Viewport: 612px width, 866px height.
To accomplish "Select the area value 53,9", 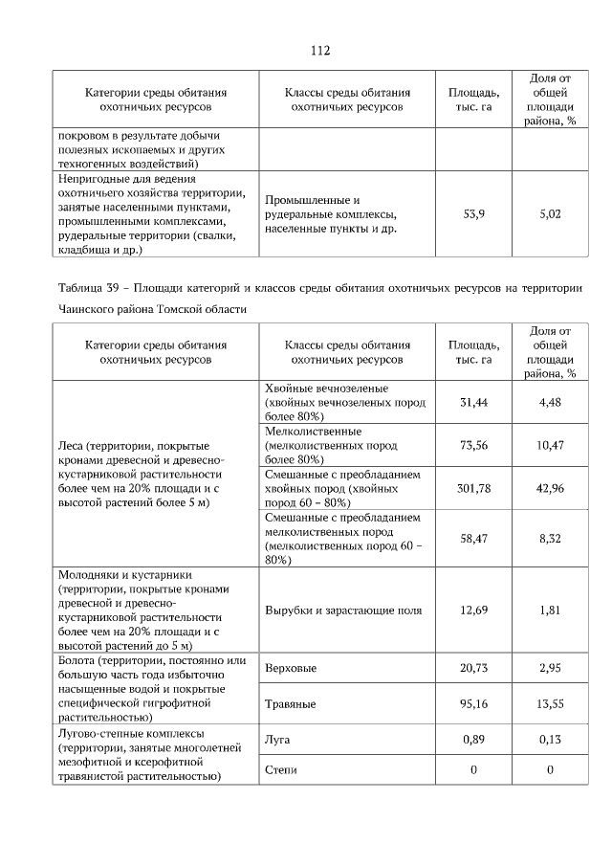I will tap(473, 214).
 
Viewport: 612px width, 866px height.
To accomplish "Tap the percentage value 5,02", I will tap(549, 214).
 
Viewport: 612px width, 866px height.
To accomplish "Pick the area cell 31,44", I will tap(473, 403).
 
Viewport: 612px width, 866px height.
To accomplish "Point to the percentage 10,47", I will tap(549, 445).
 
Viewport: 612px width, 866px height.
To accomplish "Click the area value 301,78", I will tap(473, 488).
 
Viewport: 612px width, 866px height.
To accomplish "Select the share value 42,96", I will tap(549, 488).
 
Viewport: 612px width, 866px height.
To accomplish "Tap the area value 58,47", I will tap(473, 539).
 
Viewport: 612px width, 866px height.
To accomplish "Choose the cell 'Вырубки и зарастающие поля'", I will tap(341, 610).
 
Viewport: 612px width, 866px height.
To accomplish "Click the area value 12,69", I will tap(473, 610).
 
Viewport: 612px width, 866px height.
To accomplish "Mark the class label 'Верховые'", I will tap(291, 668).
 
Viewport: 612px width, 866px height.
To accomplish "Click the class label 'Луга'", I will tap(277, 740).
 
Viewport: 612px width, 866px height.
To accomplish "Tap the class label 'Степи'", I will tap(280, 770).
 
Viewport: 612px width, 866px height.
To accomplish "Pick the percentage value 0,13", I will tap(549, 740).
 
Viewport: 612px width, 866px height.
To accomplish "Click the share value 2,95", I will tap(549, 668).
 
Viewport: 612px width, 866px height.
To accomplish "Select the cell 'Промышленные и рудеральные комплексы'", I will tap(330, 214).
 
